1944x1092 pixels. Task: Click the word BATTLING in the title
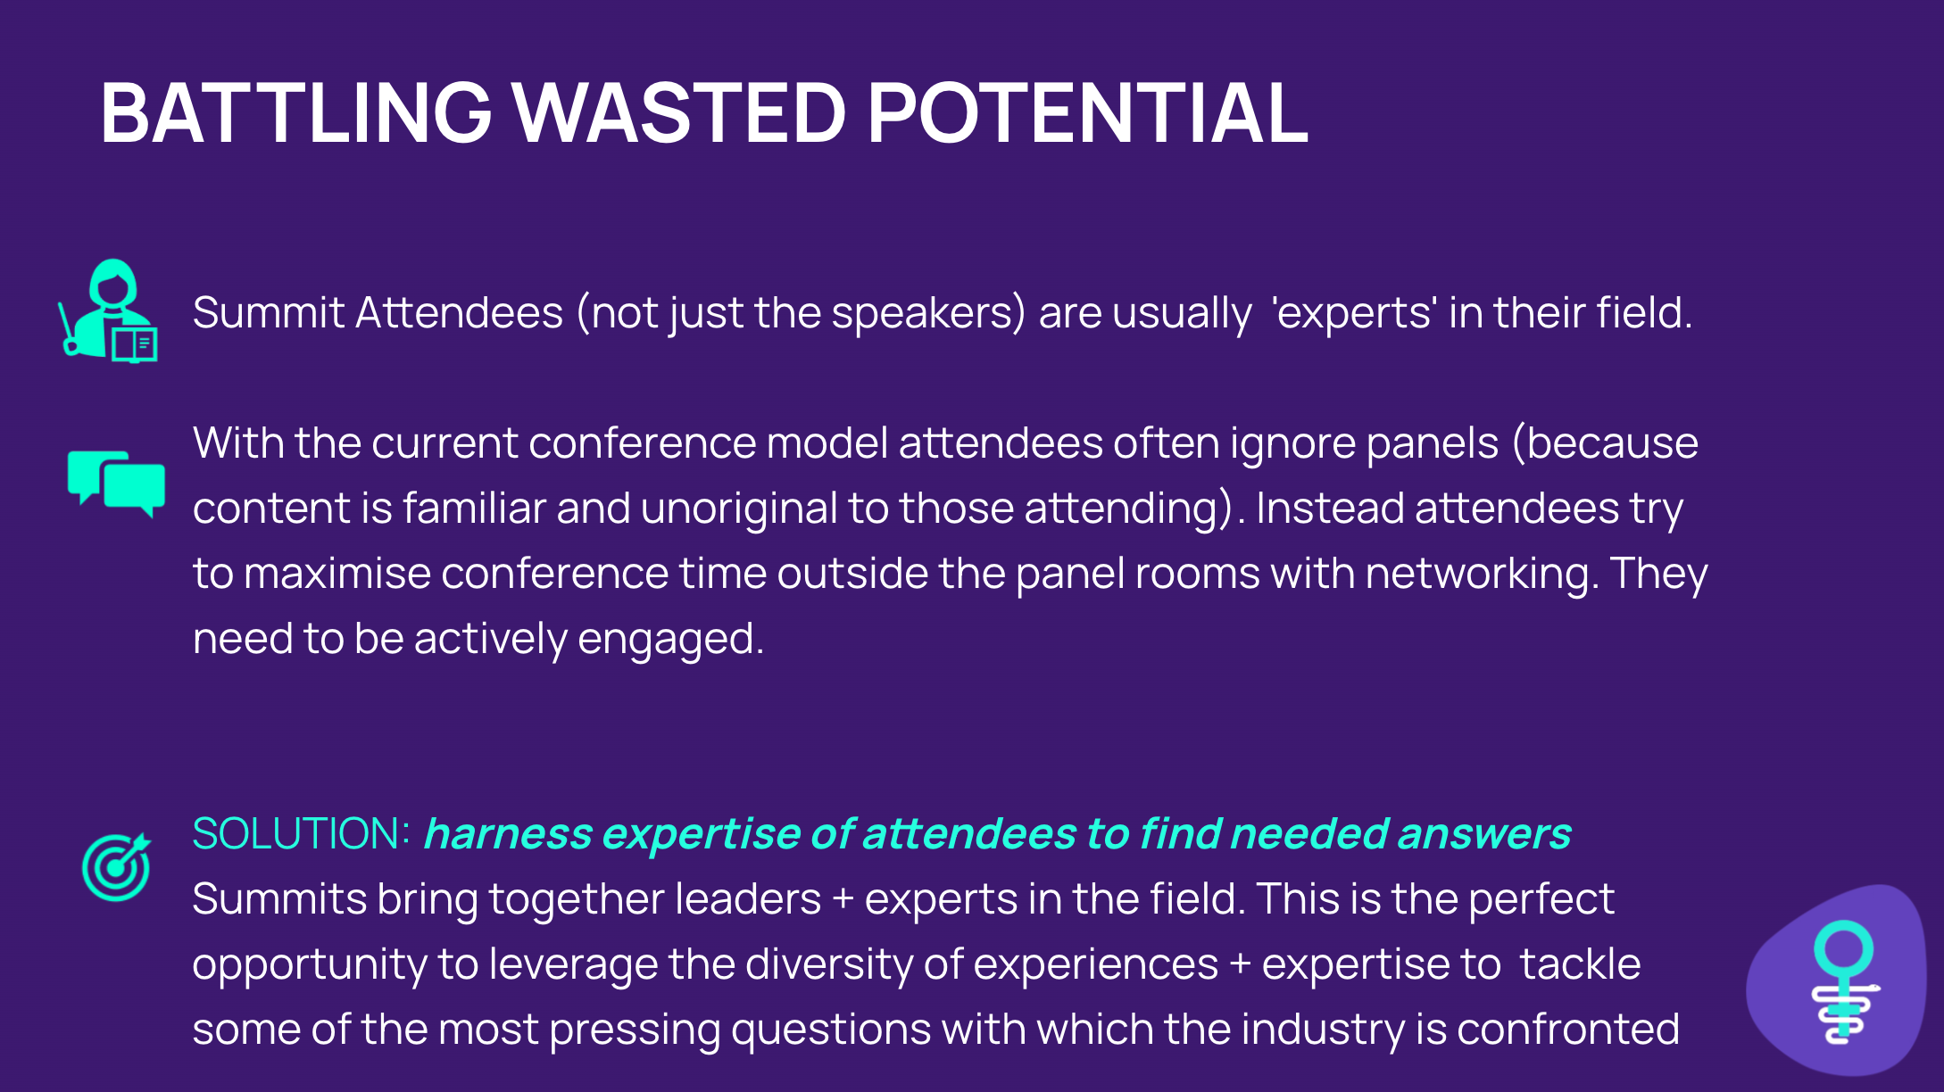pos(296,112)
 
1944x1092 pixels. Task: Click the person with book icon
pos(108,310)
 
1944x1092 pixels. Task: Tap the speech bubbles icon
pos(116,484)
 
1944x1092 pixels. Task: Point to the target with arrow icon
pos(116,867)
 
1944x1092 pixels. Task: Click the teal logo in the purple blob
pos(1845,982)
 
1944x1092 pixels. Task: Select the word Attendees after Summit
pos(460,313)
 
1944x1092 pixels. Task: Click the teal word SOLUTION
pos(301,834)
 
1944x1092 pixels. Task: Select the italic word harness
pos(508,834)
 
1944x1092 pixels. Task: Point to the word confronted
pos(1568,1030)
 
